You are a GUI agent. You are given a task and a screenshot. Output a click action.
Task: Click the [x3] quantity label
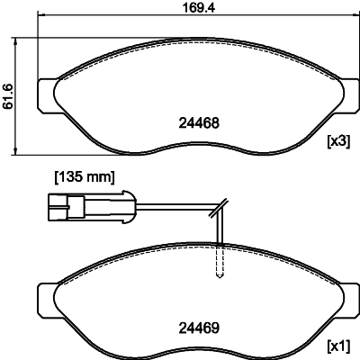click(x=337, y=141)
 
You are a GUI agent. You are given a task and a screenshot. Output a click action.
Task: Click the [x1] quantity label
click(x=337, y=345)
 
